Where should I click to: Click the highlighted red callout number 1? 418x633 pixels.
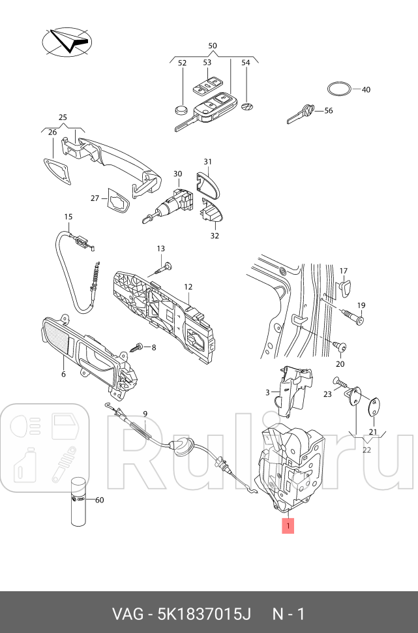(288, 525)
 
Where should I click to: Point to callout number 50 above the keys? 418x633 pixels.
(212, 46)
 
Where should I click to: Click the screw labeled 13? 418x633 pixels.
(166, 266)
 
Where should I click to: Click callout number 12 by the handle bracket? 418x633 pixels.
(187, 286)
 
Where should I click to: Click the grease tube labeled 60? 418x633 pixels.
(78, 500)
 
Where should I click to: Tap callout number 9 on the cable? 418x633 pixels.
(145, 414)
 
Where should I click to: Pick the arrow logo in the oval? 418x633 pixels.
(68, 40)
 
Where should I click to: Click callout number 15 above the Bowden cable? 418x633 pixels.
(68, 217)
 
